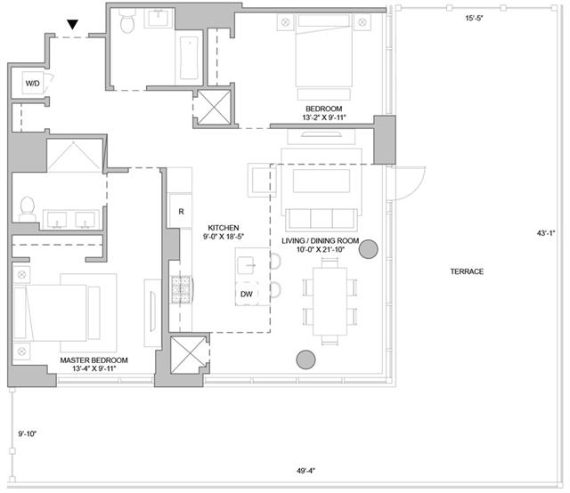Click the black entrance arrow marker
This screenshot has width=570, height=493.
coord(73,25)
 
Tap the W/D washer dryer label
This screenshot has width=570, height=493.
coord(32,83)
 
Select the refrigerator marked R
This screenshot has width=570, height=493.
coord(181,211)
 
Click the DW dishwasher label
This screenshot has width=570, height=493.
coord(247,294)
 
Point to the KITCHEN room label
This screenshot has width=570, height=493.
coord(224,228)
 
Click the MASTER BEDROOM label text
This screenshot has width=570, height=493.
coord(94,360)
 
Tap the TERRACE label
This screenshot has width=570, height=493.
coord(467,271)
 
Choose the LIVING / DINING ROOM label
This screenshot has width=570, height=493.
coord(321,240)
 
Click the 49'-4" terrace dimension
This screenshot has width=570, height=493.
coord(305,471)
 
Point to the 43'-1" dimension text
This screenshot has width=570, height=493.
coord(546,233)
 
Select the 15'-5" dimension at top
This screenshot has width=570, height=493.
coord(475,18)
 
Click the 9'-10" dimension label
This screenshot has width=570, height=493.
coord(28,433)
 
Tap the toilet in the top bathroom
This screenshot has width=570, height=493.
coord(126,21)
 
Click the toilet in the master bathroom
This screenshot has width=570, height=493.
coord(28,209)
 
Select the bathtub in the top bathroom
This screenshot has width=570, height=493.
coord(190,58)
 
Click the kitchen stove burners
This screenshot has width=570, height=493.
coord(181,289)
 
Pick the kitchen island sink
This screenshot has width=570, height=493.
coord(246,265)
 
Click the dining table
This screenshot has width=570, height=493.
coord(330,301)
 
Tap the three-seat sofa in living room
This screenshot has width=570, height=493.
coord(322,220)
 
